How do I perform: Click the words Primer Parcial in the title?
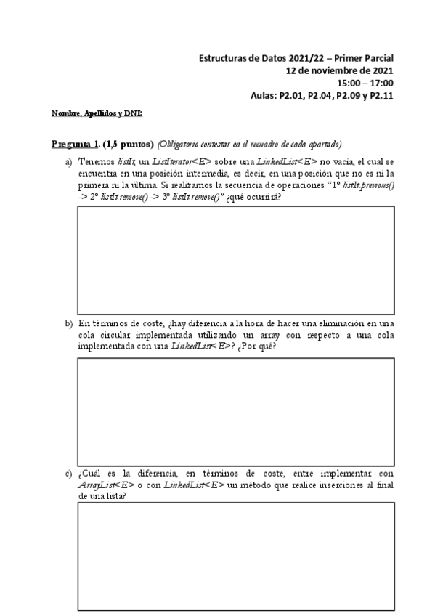click(362, 57)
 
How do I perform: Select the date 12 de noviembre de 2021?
click(340, 70)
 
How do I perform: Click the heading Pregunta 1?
click(76, 143)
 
